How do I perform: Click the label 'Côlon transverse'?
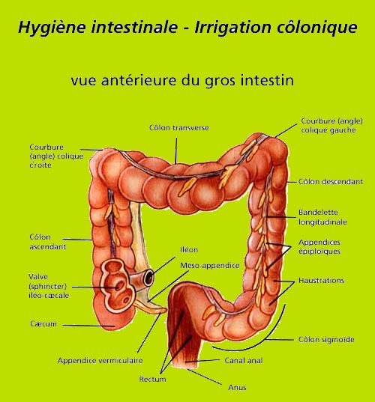(x=179, y=128)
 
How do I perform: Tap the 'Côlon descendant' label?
(x=331, y=182)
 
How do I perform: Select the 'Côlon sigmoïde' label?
(x=326, y=340)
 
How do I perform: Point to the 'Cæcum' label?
(x=43, y=324)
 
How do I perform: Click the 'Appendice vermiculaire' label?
(x=100, y=361)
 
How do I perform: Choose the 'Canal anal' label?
(x=244, y=361)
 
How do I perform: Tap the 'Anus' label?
(x=237, y=387)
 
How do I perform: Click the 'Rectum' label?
(x=152, y=379)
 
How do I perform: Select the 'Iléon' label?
(x=189, y=250)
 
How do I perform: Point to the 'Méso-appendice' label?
(x=210, y=265)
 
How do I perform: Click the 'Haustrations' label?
(x=321, y=281)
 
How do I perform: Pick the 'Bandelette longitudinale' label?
(x=322, y=217)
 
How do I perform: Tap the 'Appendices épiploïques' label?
(x=319, y=246)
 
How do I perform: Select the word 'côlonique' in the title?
(x=316, y=27)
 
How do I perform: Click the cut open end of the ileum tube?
(x=148, y=277)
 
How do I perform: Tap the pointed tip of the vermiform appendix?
(x=166, y=311)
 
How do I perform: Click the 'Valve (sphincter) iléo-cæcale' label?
(x=49, y=286)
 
